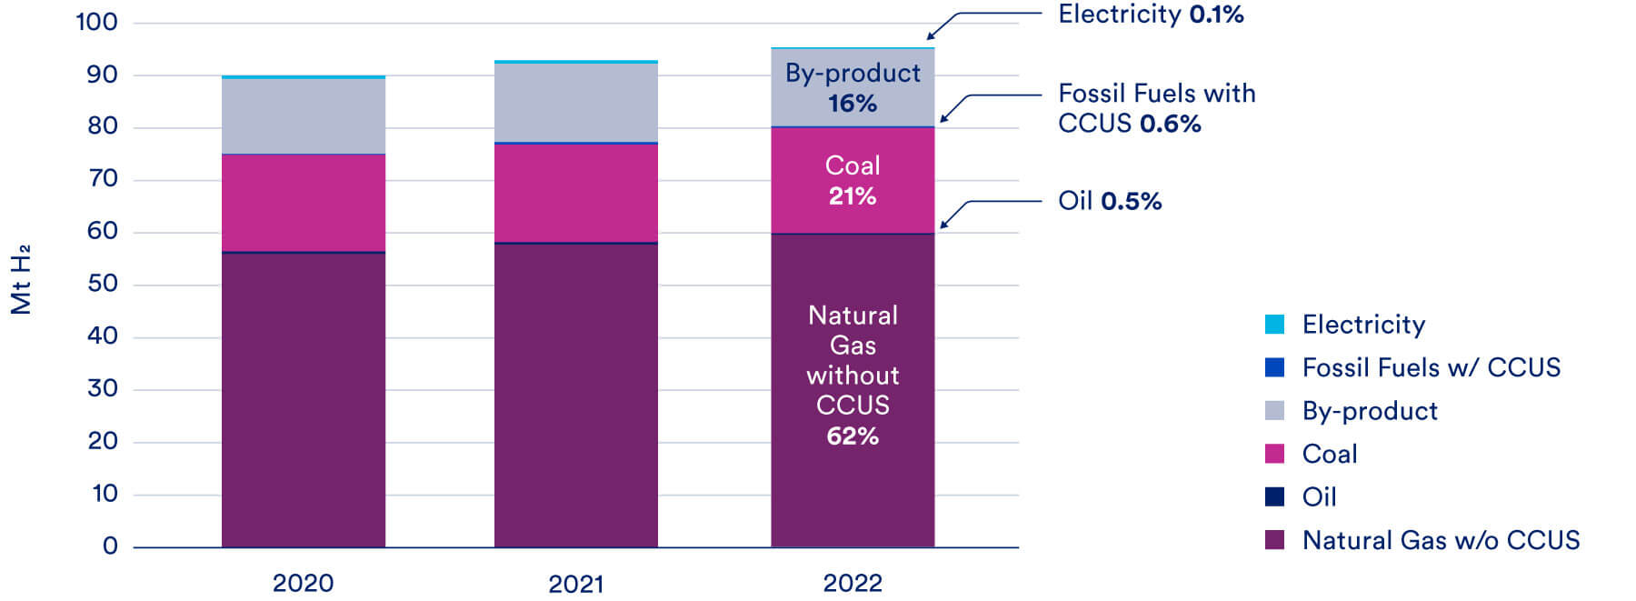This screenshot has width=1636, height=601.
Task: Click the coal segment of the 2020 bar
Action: (303, 203)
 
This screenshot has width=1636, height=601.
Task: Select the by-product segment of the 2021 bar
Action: (575, 102)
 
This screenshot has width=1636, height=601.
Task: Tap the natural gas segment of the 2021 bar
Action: (575, 396)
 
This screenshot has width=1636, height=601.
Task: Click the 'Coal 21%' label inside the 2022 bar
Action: (852, 180)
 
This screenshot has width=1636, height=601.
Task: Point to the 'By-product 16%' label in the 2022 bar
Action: (852, 87)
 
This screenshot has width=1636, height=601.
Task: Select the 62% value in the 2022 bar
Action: (852, 436)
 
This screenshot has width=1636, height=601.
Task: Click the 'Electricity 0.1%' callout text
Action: (1150, 15)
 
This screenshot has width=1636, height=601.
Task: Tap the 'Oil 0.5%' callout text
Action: (1109, 201)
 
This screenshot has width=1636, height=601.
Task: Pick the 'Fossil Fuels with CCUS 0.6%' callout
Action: (1156, 108)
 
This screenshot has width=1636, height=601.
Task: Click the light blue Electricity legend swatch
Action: (1274, 325)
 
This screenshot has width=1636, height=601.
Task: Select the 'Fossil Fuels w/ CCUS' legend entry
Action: (1431, 367)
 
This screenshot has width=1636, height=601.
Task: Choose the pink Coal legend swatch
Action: (1274, 454)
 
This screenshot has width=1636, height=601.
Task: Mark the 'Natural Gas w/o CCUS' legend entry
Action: (1440, 540)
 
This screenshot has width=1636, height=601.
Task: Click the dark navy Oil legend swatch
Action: (1274, 496)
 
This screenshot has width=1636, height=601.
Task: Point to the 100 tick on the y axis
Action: (96, 22)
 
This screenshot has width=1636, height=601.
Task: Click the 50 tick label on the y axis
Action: (102, 284)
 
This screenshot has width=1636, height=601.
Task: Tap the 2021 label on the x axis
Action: (575, 584)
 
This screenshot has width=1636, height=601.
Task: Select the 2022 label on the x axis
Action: (852, 584)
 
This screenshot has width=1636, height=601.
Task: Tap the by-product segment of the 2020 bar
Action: (303, 116)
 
